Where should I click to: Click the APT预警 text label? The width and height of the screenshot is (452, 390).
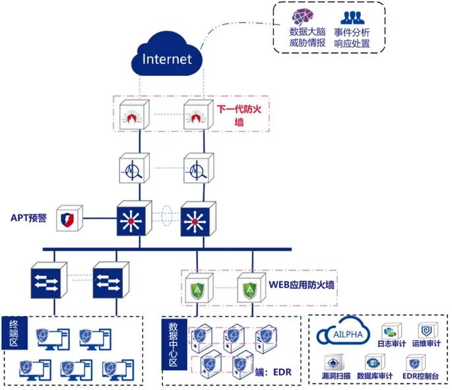click(x=28, y=216)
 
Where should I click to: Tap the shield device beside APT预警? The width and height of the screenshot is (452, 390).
click(x=70, y=216)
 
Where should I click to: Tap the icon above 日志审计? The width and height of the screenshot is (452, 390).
click(x=389, y=330)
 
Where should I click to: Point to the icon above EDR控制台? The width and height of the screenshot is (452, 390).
click(x=415, y=362)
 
